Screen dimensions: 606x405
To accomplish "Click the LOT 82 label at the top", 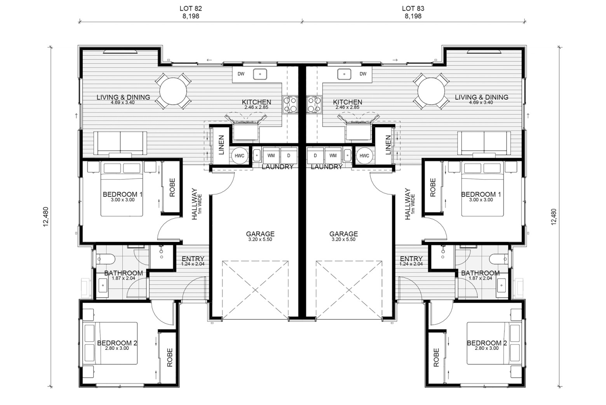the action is (x=191, y=9).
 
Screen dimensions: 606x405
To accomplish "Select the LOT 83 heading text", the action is (x=413, y=9).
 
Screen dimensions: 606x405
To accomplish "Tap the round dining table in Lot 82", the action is (x=173, y=91).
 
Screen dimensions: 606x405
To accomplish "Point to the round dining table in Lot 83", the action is (x=431, y=91).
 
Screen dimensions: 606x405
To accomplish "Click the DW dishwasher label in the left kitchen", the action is (x=241, y=74).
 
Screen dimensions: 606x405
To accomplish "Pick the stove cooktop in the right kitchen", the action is (x=314, y=104).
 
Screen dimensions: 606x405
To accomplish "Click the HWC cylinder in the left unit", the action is (x=239, y=156).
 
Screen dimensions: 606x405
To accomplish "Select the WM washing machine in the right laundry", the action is (x=333, y=156).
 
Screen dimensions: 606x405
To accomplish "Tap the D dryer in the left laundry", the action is (x=289, y=156).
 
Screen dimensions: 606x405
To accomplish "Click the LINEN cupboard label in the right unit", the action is (x=388, y=145).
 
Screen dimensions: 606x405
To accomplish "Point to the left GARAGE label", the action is (x=260, y=233).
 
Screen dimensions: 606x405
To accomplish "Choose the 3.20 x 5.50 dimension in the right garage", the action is (x=343, y=240).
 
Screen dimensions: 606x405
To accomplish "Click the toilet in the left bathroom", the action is (x=106, y=259).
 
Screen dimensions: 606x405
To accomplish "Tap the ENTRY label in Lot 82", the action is (x=193, y=259).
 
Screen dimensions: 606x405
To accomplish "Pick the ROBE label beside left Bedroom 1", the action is (x=172, y=188).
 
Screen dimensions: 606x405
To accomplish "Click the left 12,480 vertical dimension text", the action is (x=45, y=217).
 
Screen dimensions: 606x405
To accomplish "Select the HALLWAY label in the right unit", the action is (x=407, y=204).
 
